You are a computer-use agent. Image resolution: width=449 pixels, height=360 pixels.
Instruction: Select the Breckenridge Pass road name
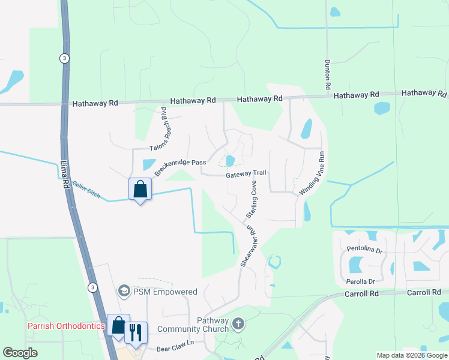pyautogui.click(x=181, y=167)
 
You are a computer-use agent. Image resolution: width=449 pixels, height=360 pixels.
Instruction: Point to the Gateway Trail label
pyautogui.click(x=246, y=174)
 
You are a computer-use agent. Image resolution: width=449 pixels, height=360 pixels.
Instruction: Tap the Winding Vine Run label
pyautogui.click(x=312, y=172)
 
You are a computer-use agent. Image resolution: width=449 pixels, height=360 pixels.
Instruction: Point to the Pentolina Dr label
pyautogui.click(x=364, y=248)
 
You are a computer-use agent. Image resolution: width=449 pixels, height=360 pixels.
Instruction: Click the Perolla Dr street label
pyautogui.click(x=360, y=281)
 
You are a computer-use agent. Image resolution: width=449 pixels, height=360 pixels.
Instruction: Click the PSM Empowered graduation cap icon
pyautogui.click(x=124, y=292)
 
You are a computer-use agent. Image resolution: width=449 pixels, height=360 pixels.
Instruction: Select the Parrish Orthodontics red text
pyautogui.click(x=66, y=326)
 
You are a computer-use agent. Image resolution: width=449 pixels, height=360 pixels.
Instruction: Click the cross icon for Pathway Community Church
pyautogui.click(x=238, y=325)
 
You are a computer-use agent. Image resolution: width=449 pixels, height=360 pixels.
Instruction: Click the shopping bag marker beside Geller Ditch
pyautogui.click(x=140, y=190)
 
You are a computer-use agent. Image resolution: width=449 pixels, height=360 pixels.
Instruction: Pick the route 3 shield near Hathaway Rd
pyautogui.click(x=63, y=58)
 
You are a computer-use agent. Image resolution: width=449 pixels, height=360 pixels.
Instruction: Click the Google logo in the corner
pyautogui.click(x=20, y=353)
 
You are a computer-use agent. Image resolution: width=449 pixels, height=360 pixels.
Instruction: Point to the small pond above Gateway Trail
pyautogui.click(x=230, y=160)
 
